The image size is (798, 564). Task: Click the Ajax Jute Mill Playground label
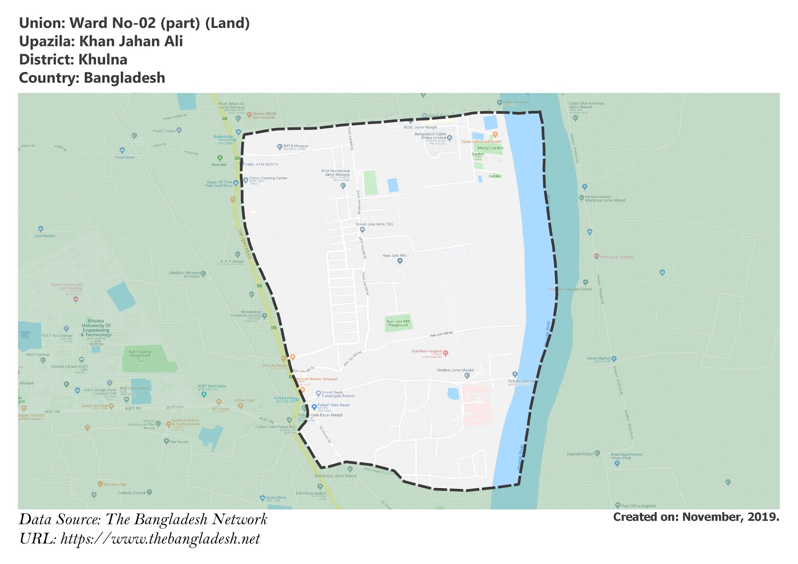coord(398,323)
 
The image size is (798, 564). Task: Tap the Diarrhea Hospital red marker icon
coord(446,353)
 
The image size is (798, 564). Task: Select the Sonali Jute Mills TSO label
coord(374,224)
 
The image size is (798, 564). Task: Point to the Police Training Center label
coord(268,178)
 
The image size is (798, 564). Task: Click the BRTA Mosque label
coord(295,146)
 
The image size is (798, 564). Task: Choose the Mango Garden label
coord(490,148)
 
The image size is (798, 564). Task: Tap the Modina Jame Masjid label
coord(455,370)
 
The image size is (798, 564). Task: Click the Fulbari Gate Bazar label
coord(334,405)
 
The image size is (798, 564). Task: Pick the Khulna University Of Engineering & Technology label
coord(96,328)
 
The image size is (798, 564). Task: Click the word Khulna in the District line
coord(102,60)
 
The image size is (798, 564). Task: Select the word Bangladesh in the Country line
coord(124,78)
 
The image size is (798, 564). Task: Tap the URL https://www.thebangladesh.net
coord(160,539)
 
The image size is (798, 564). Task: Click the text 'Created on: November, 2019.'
coord(696,517)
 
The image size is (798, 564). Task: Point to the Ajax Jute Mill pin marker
coord(399,261)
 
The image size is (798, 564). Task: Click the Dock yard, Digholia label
coord(616,257)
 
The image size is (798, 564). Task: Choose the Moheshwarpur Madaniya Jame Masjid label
coord(605,199)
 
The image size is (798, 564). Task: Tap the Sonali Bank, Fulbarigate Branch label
coord(338,394)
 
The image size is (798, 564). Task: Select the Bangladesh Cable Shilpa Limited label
coord(430,136)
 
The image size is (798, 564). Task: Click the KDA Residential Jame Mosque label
coord(336,173)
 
